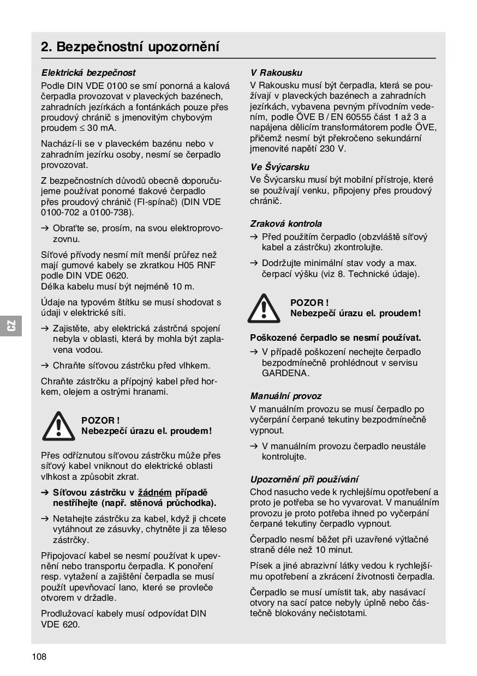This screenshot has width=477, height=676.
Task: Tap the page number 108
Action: [x=39, y=656]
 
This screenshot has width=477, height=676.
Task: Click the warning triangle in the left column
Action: [x=58, y=426]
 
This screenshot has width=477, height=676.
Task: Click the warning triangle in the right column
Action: [x=264, y=309]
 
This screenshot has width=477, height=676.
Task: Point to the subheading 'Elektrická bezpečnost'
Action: [x=88, y=73]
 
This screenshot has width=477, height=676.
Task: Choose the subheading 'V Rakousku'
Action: [x=276, y=73]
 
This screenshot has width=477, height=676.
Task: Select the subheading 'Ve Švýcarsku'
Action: [x=279, y=167]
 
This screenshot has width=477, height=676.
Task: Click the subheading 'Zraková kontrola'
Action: [x=286, y=224]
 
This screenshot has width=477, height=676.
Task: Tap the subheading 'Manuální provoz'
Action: [x=286, y=396]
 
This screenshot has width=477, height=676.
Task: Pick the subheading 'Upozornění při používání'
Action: [x=304, y=479]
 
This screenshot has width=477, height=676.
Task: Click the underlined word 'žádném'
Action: [x=154, y=492]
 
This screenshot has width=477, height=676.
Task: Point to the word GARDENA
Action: [x=285, y=373]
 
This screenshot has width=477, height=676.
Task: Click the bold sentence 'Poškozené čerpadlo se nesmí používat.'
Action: [x=335, y=338]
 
